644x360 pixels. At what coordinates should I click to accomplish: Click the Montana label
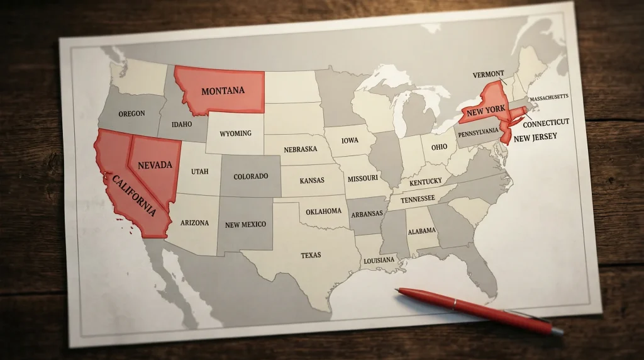pyautogui.click(x=223, y=91)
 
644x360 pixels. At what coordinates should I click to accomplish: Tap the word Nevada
pyautogui.click(x=154, y=165)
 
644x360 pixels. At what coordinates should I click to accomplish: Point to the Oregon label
pyautogui.click(x=131, y=114)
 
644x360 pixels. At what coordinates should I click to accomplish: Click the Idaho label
pyautogui.click(x=182, y=124)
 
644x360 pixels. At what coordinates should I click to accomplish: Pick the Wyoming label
pyautogui.click(x=236, y=133)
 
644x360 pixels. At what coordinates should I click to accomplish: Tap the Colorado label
pyautogui.click(x=250, y=177)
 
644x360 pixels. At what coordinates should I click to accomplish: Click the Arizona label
pyautogui.click(x=194, y=223)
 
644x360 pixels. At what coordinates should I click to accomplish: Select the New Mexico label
pyautogui.click(x=245, y=225)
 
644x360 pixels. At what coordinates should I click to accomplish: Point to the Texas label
pyautogui.click(x=311, y=255)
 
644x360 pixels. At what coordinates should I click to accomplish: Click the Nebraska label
pyautogui.click(x=300, y=150)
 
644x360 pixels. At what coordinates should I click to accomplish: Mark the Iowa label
pyautogui.click(x=350, y=141)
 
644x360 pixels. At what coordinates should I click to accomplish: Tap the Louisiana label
pyautogui.click(x=379, y=260)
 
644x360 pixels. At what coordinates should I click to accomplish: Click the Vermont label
pyautogui.click(x=489, y=75)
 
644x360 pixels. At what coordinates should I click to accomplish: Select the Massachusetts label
pyautogui.click(x=549, y=98)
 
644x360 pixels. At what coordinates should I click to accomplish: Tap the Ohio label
pyautogui.click(x=439, y=147)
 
